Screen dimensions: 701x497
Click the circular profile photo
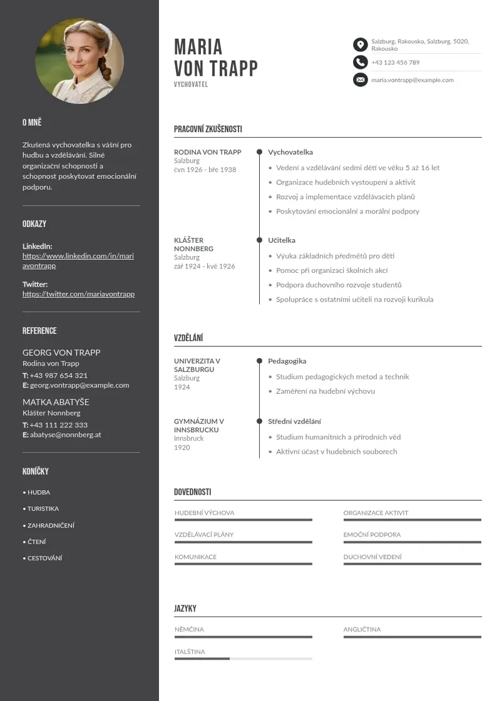tap(79, 61)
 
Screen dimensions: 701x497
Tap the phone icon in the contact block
tap(360, 62)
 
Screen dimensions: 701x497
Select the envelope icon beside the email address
tap(360, 79)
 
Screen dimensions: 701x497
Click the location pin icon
tap(360, 44)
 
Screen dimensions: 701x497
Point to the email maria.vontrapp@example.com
tap(412, 80)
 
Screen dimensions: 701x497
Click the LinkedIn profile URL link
tap(78, 260)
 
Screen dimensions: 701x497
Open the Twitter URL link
tap(78, 294)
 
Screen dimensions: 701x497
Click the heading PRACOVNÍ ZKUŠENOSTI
tap(208, 130)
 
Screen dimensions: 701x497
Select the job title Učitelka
tap(282, 240)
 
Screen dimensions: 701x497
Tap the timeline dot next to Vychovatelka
tap(259, 152)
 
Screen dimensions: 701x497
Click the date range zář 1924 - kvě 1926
tap(204, 267)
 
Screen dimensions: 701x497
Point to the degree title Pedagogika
tap(287, 361)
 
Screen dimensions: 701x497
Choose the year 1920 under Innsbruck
tap(182, 448)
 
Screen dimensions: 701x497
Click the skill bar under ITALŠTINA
tap(243, 658)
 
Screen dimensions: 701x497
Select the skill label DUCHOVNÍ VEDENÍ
tap(372, 557)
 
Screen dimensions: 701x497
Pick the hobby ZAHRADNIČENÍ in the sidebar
tap(51, 526)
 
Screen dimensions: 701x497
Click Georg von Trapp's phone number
tap(58, 376)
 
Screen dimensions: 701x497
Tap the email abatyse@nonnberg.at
tap(66, 434)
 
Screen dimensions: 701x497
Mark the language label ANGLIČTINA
tap(362, 630)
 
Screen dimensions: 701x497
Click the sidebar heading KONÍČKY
tap(35, 471)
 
